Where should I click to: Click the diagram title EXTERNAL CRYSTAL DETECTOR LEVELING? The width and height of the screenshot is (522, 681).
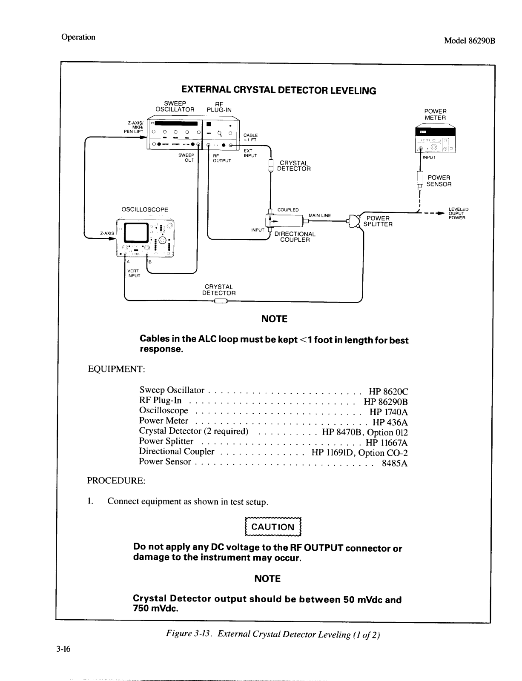click(x=278, y=90)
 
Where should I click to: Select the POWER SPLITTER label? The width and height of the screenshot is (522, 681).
click(x=378, y=221)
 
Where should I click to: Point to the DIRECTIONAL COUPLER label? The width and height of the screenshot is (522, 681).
click(x=295, y=237)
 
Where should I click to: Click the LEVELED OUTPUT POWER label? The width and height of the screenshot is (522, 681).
click(x=458, y=214)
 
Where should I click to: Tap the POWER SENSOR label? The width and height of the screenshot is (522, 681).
click(x=439, y=181)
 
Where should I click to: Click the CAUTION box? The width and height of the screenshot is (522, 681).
click(x=273, y=527)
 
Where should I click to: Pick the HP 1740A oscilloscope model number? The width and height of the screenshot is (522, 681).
click(x=389, y=412)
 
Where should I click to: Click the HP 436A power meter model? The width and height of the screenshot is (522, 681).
click(x=390, y=422)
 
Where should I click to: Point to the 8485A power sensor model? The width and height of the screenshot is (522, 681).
click(x=395, y=463)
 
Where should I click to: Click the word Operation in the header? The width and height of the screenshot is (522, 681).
click(x=78, y=37)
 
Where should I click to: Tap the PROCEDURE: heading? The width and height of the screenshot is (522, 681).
click(x=116, y=481)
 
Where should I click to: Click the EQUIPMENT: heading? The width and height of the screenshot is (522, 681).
click(x=117, y=369)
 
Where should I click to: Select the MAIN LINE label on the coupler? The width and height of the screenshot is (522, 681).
click(x=320, y=215)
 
